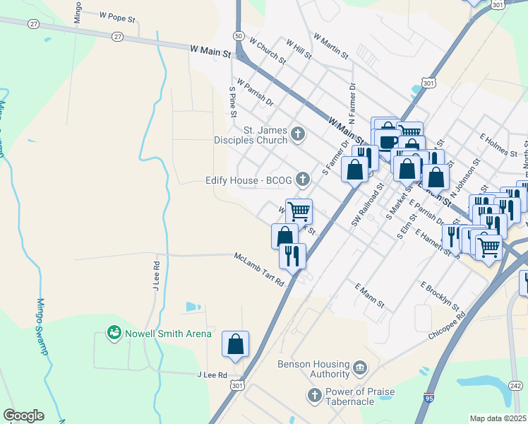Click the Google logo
point(23,416)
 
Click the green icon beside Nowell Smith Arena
point(113,331)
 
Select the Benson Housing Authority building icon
point(360,368)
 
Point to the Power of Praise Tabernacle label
point(360,396)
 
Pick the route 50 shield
point(239,35)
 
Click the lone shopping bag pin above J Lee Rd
point(236,344)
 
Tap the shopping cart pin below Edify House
point(299,211)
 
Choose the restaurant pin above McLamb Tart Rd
point(292,255)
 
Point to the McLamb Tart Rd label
point(259,269)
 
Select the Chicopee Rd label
point(448,326)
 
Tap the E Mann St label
point(370,295)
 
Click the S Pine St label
point(232,98)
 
